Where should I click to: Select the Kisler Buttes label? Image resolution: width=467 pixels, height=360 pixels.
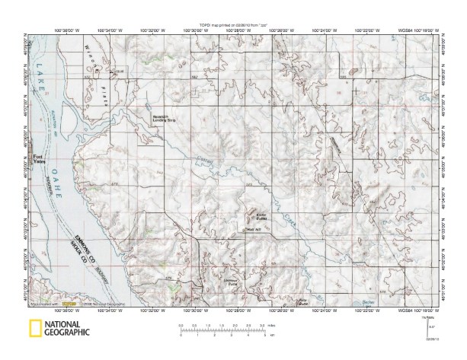pos(251,216)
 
